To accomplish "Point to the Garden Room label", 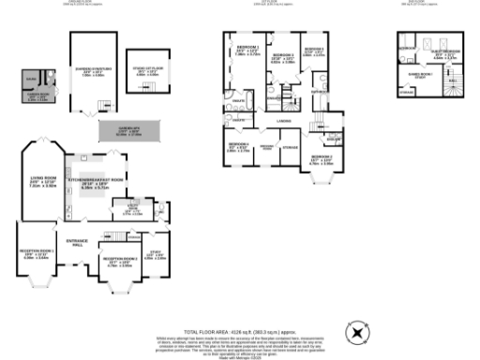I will tap(37, 95).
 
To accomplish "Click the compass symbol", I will tap(355, 332).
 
